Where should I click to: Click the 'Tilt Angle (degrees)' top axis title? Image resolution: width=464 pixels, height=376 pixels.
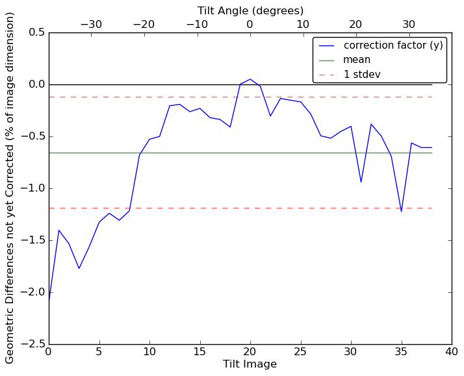[250, 10]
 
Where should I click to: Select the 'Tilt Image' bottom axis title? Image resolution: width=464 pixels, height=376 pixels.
[250, 364]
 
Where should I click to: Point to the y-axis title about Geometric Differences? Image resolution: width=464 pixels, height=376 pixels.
[10, 188]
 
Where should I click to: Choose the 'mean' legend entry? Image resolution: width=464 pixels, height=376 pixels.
[357, 60]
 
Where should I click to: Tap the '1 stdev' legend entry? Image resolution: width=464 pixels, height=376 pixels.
[362, 74]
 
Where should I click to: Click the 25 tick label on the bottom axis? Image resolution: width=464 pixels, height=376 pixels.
[300, 352]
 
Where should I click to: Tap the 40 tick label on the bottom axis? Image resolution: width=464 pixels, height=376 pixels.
[452, 352]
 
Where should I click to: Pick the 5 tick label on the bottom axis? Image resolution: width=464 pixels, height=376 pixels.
[99, 352]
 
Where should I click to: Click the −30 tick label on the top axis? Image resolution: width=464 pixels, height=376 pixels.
[91, 25]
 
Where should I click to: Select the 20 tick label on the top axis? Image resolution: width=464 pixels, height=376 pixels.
[355, 25]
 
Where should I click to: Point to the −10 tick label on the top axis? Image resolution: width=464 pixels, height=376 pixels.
[197, 25]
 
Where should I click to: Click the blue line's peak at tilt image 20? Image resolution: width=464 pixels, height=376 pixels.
[250, 79]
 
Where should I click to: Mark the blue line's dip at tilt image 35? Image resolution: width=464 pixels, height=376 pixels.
[401, 212]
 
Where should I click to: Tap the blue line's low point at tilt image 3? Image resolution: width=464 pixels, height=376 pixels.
[79, 268]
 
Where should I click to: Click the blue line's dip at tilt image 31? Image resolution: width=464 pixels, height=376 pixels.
[361, 182]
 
